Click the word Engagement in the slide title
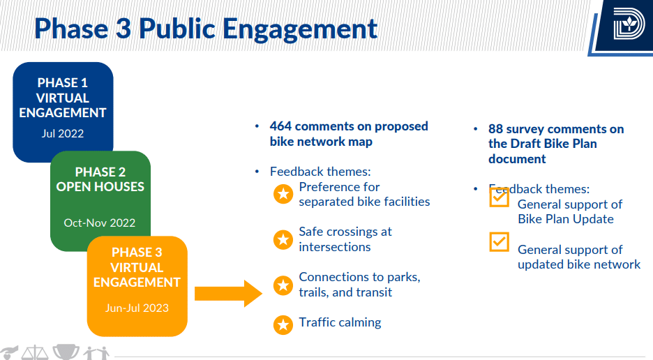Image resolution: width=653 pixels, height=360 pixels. pos(300,30)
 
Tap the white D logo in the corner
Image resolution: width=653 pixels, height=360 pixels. pos(629,26)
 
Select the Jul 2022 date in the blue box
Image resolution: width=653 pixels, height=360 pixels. pos(63,134)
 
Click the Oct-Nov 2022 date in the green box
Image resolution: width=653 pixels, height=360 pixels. pos(100,223)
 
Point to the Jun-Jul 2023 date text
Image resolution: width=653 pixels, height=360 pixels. pos(137,308)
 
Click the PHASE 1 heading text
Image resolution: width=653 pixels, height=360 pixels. pos(63,83)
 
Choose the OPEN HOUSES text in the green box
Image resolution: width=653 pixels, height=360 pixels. pos(100,187)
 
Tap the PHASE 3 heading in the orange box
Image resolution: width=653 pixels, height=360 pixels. pos(137,253)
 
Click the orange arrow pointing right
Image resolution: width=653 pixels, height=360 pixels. pos(228,294)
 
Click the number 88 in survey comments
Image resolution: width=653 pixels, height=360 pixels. pos(495,129)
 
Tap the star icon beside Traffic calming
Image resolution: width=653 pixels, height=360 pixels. pos(283,325)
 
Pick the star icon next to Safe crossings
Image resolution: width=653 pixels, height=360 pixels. pos(283,239)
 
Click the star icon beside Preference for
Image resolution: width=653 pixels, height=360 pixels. pos(283,194)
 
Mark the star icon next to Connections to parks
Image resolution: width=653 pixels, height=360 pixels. pos(283,285)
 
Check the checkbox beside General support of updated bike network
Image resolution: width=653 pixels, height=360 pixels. pos(500,242)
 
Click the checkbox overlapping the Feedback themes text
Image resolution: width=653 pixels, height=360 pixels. pos(500,197)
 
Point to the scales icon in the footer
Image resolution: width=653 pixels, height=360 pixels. pos(35,353)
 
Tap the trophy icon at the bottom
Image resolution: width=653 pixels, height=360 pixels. pos(66,352)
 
